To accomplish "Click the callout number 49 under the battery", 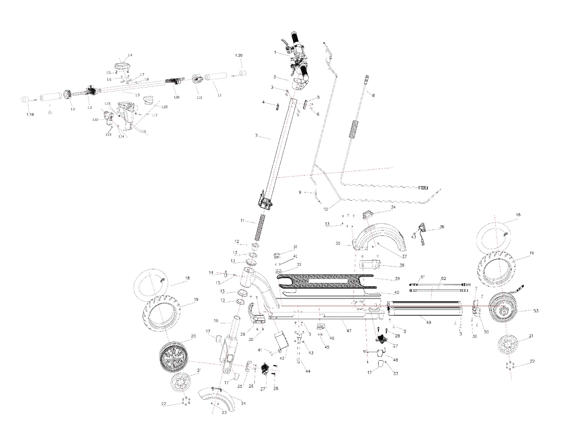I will point(428,322).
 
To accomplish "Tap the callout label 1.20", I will point(238,55).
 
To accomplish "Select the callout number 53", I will point(536,311).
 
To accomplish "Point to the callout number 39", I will point(397,279).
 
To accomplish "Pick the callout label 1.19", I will point(30,114).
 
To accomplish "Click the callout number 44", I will point(307,371).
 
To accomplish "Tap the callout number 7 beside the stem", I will point(257,136).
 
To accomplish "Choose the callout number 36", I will point(442,227).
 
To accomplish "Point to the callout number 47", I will point(349,331).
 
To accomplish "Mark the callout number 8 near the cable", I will point(373,95).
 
